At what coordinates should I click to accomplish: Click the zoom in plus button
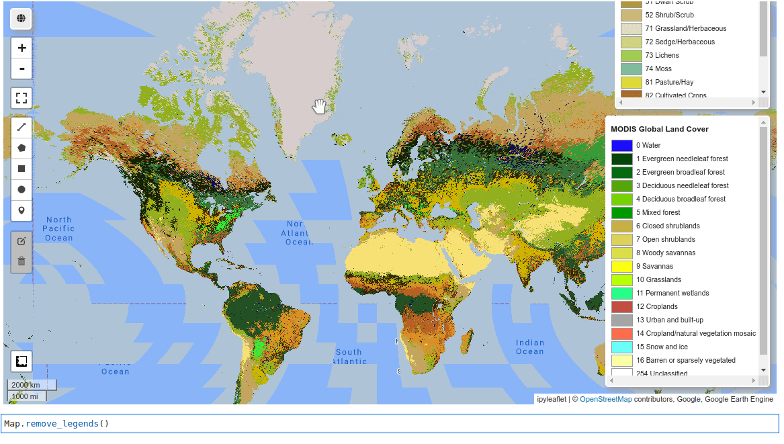tap(21, 48)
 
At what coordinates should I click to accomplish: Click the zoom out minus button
tap(21, 69)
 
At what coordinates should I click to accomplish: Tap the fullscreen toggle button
tap(21, 98)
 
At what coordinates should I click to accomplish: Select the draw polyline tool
tap(21, 127)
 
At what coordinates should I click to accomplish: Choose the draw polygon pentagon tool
tap(21, 148)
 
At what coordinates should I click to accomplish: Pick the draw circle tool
tap(21, 189)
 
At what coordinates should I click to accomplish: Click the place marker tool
tap(21, 210)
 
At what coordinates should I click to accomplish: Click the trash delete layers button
tap(21, 261)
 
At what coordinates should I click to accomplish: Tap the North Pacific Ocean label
tap(58, 228)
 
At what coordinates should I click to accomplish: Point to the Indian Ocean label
tap(529, 347)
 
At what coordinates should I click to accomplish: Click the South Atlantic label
tap(349, 356)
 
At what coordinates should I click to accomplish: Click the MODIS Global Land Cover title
tap(659, 129)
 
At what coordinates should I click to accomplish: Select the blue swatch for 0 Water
tap(621, 146)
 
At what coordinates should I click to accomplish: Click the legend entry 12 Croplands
tap(656, 306)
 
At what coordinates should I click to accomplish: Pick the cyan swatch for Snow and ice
tap(621, 347)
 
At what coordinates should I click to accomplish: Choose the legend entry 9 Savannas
tap(654, 266)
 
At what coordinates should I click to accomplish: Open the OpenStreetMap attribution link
tap(605, 399)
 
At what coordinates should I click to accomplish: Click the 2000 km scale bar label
tap(26, 385)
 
